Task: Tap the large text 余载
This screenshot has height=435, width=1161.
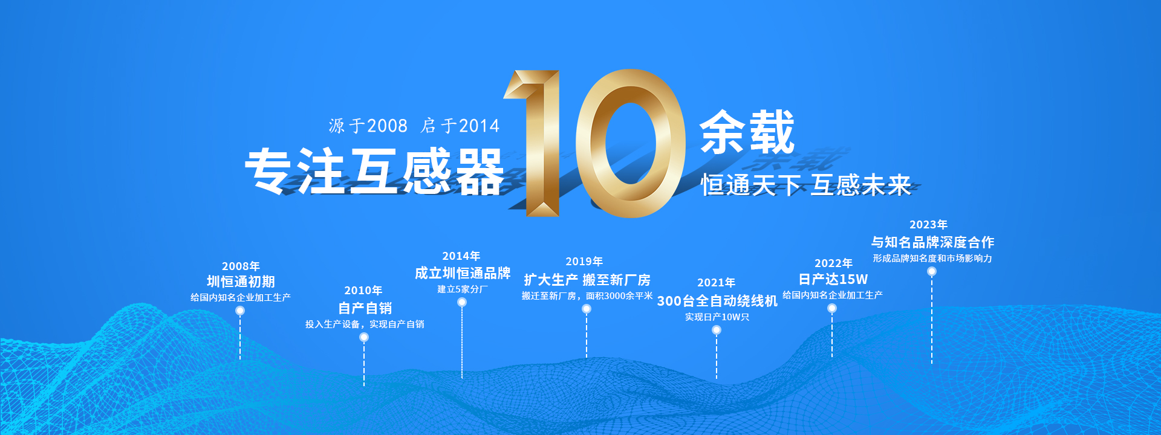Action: tap(747, 132)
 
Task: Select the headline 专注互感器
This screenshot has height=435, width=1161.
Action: tap(374, 172)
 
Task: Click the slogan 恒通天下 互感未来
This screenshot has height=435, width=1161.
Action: tap(806, 185)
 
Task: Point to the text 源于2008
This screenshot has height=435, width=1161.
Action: tap(368, 126)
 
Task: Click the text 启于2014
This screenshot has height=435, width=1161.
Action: tap(460, 126)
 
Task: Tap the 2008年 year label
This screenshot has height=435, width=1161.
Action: tap(241, 266)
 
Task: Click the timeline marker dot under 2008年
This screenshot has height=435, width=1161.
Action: tap(240, 311)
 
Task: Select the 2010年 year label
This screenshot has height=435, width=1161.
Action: tap(363, 291)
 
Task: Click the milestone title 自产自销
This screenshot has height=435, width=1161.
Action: tap(365, 308)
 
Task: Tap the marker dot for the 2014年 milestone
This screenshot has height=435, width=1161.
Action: tap(462, 302)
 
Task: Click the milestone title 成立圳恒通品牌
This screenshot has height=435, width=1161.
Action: tap(463, 273)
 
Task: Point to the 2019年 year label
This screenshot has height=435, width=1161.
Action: tap(584, 262)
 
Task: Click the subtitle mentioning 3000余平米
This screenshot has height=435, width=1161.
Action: tap(587, 296)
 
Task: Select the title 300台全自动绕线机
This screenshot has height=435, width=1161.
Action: tap(717, 301)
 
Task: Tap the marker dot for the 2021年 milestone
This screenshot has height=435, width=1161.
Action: tap(717, 330)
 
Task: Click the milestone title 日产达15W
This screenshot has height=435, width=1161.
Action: tap(833, 279)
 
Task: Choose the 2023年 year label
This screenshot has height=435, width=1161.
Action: tap(928, 225)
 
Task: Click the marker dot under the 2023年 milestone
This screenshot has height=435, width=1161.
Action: tap(932, 271)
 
